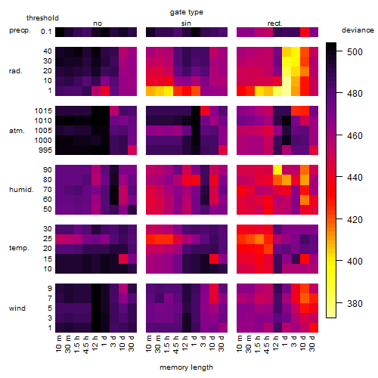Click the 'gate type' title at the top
coord(187,12)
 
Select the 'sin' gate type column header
coord(186,23)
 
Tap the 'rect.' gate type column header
coord(274,23)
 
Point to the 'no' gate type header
coord(98,23)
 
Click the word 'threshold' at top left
coord(42,18)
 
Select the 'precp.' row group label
coord(20,30)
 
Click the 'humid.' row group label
coord(21,190)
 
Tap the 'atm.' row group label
coord(17,131)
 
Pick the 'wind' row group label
coord(17,308)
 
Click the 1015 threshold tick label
coord(43,111)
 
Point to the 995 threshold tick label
coord(45,150)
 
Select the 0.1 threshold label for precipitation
coord(46,32)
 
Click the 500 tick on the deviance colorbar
coord(355,52)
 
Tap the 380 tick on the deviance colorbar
coord(355,304)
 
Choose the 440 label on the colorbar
coord(355,178)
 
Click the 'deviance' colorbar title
coord(358,30)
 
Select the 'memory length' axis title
coord(187,367)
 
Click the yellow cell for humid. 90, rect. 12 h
coord(277,170)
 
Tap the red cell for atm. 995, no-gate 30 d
coord(132,150)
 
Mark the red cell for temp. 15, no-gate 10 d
coord(123,259)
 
